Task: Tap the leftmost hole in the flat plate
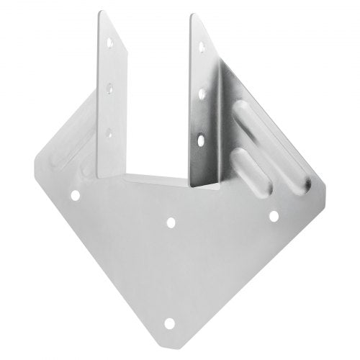point(74,194)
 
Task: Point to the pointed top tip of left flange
point(98,12)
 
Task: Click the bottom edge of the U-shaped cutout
point(155,177)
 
